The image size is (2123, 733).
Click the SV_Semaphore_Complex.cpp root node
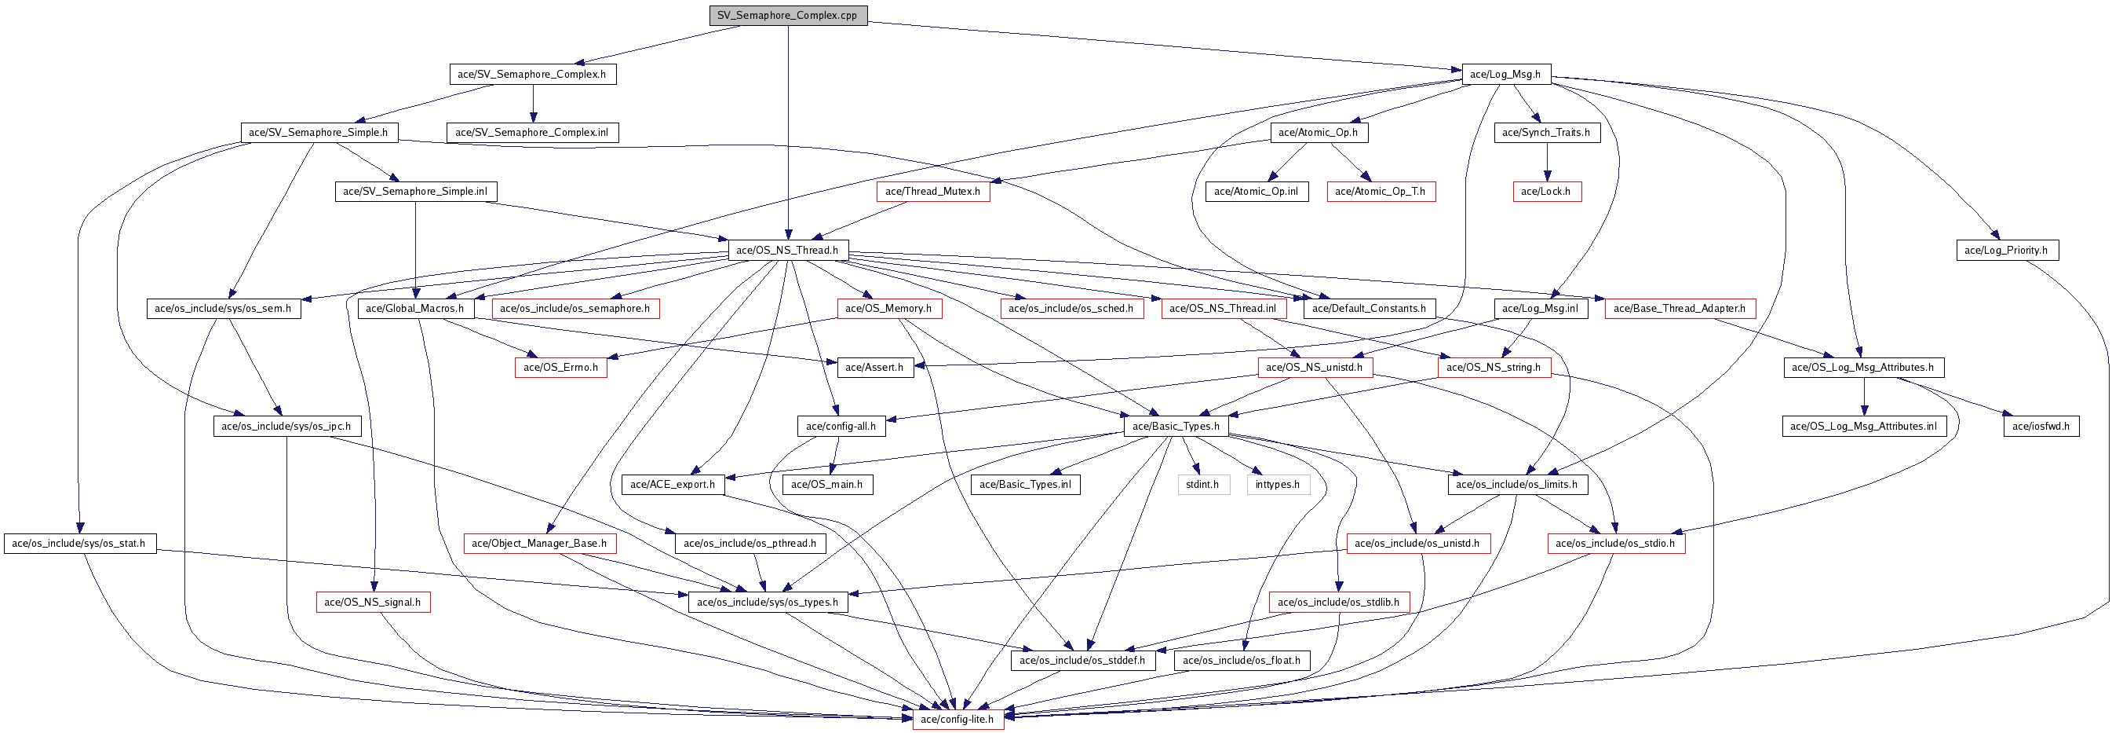pyautogui.click(x=787, y=16)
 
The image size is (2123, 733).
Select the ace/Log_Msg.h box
pyautogui.click(x=1505, y=74)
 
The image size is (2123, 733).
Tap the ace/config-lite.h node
pyautogui.click(x=957, y=719)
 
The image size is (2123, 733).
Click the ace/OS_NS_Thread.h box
pyautogui.click(x=787, y=250)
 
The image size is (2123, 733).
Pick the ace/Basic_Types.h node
pyautogui.click(x=1175, y=427)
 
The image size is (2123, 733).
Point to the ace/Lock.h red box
pyautogui.click(x=1545, y=191)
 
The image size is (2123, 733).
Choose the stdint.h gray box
pyautogui.click(x=1202, y=484)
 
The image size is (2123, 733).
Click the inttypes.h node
pyautogui.click(x=1278, y=484)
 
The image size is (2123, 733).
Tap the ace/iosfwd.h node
pyautogui.click(x=2041, y=427)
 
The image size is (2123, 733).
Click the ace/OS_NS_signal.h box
pyautogui.click(x=373, y=602)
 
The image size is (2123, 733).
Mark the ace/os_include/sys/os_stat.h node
pyautogui.click(x=79, y=544)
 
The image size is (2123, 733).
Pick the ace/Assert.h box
pyautogui.click(x=874, y=367)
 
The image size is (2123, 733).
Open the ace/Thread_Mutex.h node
pyautogui.click(x=932, y=191)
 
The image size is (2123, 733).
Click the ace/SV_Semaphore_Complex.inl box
pyautogui.click(x=531, y=132)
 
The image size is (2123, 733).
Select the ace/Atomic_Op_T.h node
pyautogui.click(x=1380, y=191)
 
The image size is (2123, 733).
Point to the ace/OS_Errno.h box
pyautogui.click(x=560, y=367)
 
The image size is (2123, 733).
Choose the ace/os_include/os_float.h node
pyautogui.click(x=1241, y=661)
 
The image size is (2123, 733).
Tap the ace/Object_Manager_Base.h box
pyautogui.click(x=539, y=544)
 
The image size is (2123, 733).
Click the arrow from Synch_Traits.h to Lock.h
pyautogui.click(x=1546, y=162)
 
